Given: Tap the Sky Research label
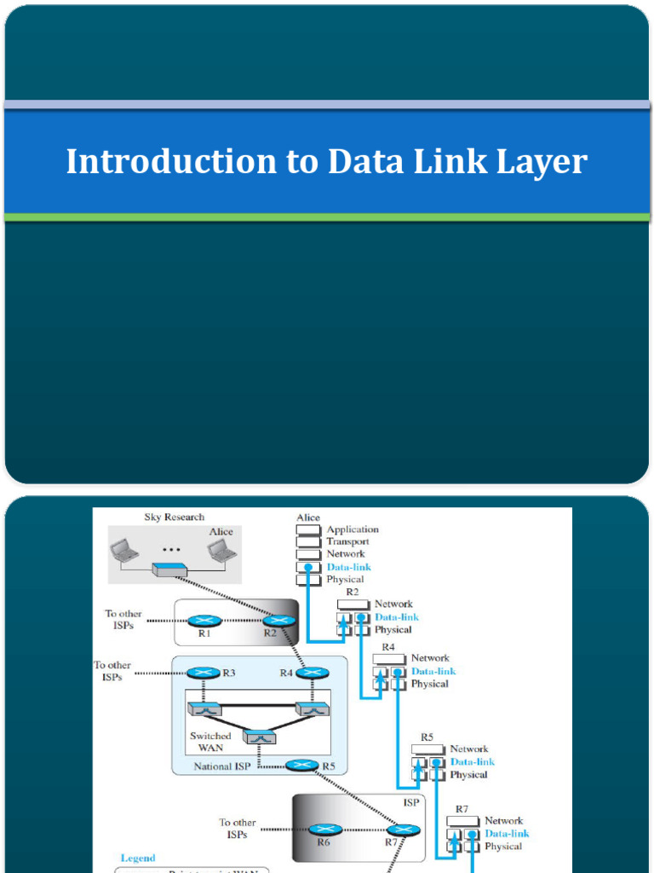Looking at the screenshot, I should click(175, 517).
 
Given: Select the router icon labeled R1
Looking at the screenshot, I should click(204, 621).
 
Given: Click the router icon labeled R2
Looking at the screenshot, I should click(278, 621).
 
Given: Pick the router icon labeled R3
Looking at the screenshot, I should click(203, 673).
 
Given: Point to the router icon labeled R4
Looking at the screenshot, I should click(313, 673).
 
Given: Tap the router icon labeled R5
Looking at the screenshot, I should click(301, 766).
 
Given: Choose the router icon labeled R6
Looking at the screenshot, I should click(324, 829).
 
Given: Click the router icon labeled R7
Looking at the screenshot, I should click(403, 829).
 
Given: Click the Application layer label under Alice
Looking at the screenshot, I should click(353, 529).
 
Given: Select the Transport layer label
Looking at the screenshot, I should click(347, 541).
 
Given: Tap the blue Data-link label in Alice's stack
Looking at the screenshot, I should click(349, 567).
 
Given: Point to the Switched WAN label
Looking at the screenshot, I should click(210, 741).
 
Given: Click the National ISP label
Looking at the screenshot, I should click(225, 766).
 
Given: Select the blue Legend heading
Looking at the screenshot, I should click(138, 858).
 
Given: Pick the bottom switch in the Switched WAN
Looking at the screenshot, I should click(259, 737).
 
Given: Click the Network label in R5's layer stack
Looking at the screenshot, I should click(469, 749).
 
